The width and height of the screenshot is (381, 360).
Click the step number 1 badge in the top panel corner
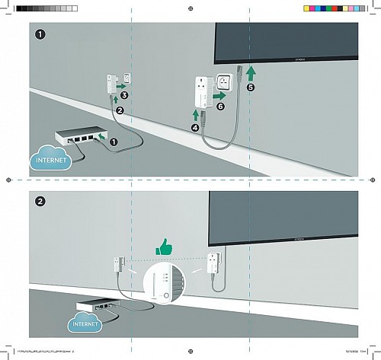tap(39, 34)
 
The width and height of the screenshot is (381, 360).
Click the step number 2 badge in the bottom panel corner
tap(39, 202)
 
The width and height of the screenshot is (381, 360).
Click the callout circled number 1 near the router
tap(114, 142)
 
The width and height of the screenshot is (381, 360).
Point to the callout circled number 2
tap(120, 111)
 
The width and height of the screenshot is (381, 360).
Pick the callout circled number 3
tap(125, 95)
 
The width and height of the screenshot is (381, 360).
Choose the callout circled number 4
tap(194, 128)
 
